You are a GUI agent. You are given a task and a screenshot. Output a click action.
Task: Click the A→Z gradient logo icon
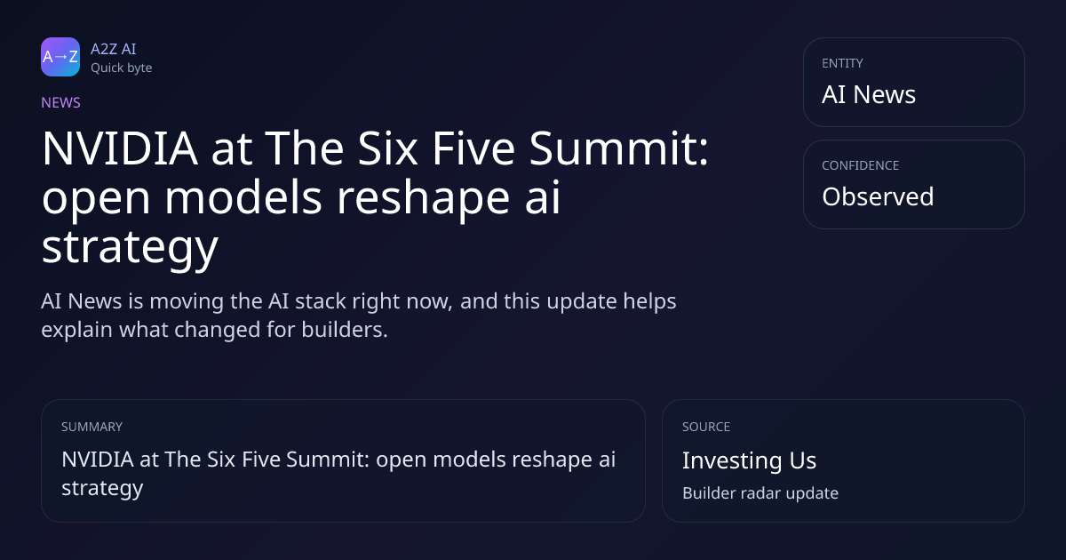pos(60,57)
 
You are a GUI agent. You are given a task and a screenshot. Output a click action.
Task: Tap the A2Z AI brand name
pos(114,49)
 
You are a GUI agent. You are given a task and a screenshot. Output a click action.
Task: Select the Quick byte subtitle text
pos(122,68)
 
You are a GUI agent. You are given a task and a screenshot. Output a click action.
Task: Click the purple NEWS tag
pos(60,102)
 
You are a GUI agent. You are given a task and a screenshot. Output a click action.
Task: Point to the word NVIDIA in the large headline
pos(120,148)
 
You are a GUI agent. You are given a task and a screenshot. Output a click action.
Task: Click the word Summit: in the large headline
pos(619,148)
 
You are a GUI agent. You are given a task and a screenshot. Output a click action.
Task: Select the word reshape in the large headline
pos(424,198)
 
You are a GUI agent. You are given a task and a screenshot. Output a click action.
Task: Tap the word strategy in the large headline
pos(130,248)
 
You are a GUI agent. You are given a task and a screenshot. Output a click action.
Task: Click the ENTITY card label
pos(842,63)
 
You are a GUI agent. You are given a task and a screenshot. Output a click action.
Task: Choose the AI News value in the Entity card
pos(869,94)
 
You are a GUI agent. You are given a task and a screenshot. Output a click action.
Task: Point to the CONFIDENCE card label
pos(861,165)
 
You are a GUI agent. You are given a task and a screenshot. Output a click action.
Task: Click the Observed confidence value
pos(878,196)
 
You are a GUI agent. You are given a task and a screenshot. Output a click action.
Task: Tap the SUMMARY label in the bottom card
pos(91,427)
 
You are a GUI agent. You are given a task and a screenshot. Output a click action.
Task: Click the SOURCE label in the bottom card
pos(706,427)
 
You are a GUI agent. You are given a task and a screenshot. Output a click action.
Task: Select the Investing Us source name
pos(750,460)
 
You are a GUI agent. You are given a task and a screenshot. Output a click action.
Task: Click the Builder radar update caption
pos(760,492)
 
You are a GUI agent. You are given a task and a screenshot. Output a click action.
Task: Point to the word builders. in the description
pos(345,330)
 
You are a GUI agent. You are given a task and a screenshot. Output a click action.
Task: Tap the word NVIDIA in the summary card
pos(98,460)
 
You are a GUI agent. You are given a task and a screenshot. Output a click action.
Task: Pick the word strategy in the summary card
pos(102,489)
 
